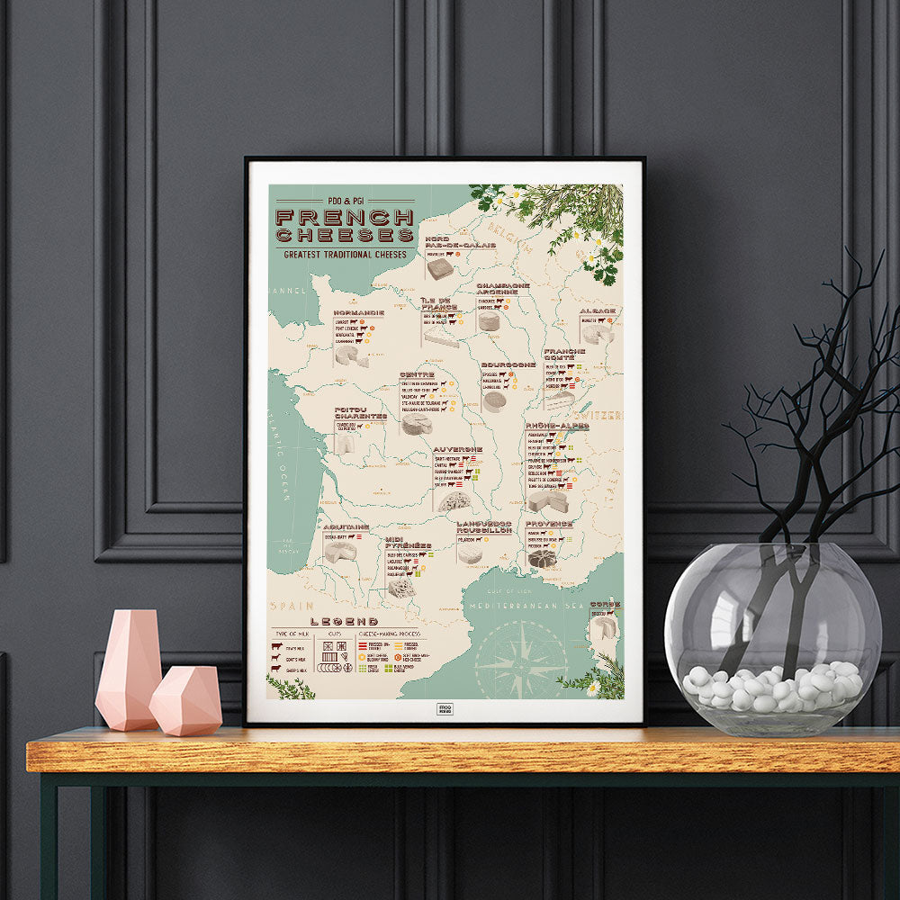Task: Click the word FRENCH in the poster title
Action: [345, 217]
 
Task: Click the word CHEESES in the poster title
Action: [346, 236]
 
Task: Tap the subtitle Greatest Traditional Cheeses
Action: [345, 254]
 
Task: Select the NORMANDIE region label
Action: [358, 312]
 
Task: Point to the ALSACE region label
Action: [598, 310]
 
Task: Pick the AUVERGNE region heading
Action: [458, 449]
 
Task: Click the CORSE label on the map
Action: [605, 605]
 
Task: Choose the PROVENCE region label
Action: [549, 523]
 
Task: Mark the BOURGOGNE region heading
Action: [508, 365]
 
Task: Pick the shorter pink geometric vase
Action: [185, 700]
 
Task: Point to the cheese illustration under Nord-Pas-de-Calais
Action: [440, 268]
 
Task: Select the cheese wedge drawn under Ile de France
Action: [441, 336]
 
